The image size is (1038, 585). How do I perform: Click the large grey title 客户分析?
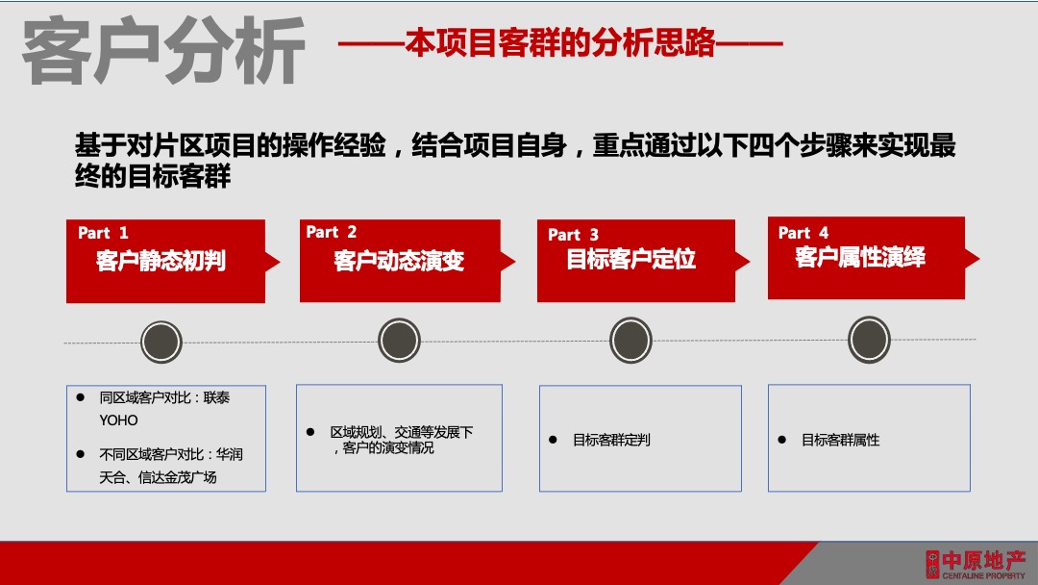tap(163, 49)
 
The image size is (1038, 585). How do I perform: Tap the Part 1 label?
tap(103, 233)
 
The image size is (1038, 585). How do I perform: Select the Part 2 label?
tap(332, 232)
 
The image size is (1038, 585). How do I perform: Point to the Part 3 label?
tap(573, 235)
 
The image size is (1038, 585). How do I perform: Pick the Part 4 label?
tap(803, 233)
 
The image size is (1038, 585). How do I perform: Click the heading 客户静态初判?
tap(161, 261)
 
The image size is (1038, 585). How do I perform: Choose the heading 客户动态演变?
tap(399, 261)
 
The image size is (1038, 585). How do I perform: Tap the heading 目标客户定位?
tap(631, 260)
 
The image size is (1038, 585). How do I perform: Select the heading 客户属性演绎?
tap(860, 258)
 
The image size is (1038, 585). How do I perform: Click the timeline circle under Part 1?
tap(161, 342)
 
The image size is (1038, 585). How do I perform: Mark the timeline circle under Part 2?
tap(399, 341)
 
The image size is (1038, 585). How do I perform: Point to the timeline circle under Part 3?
tap(630, 341)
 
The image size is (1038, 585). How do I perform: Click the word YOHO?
tap(119, 420)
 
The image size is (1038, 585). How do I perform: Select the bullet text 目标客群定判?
tap(611, 440)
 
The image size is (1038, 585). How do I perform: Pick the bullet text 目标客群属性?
tap(841, 440)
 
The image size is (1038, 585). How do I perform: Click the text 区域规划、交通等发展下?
tap(402, 433)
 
